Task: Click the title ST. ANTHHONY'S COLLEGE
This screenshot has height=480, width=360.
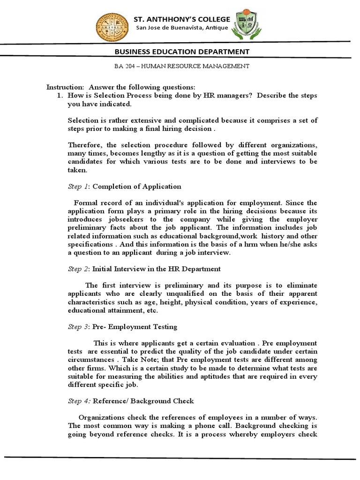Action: pyautogui.click(x=182, y=19)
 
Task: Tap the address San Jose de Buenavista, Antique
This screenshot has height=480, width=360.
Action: pyautogui.click(x=182, y=28)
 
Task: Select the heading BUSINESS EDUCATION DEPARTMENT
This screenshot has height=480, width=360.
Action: pyautogui.click(x=182, y=52)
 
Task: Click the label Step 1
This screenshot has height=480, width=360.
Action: pyautogui.click(x=78, y=187)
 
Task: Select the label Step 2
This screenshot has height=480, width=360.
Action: pyautogui.click(x=78, y=269)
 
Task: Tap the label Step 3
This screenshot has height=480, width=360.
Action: pyautogui.click(x=78, y=327)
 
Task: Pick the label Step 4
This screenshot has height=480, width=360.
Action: pyautogui.click(x=79, y=401)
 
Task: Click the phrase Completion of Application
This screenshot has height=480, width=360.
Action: pyautogui.click(x=136, y=187)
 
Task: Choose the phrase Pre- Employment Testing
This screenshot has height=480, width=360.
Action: pyautogui.click(x=135, y=327)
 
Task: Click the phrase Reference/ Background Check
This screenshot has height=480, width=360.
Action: pyautogui.click(x=143, y=401)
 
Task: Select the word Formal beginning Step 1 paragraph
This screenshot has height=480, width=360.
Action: pyautogui.click(x=85, y=203)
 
